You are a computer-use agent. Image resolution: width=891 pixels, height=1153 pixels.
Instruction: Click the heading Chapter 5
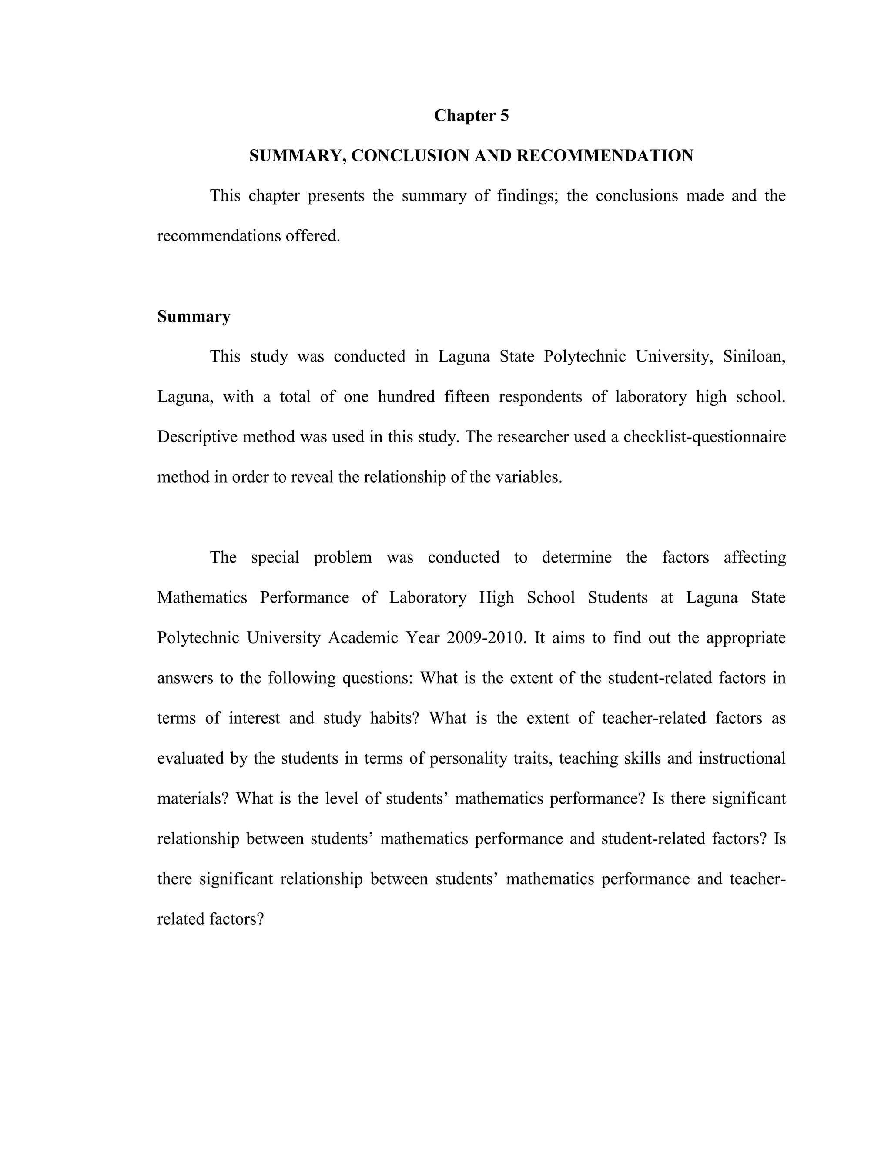471,116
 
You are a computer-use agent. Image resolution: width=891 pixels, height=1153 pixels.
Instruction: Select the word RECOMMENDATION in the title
604,156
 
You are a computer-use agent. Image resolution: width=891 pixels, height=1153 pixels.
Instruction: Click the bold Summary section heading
194,317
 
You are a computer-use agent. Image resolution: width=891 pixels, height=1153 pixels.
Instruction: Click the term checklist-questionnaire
704,437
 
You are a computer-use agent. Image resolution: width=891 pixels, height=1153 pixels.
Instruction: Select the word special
275,557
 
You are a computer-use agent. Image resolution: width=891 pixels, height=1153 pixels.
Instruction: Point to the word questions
377,678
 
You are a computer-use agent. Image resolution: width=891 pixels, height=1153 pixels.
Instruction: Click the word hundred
406,397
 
